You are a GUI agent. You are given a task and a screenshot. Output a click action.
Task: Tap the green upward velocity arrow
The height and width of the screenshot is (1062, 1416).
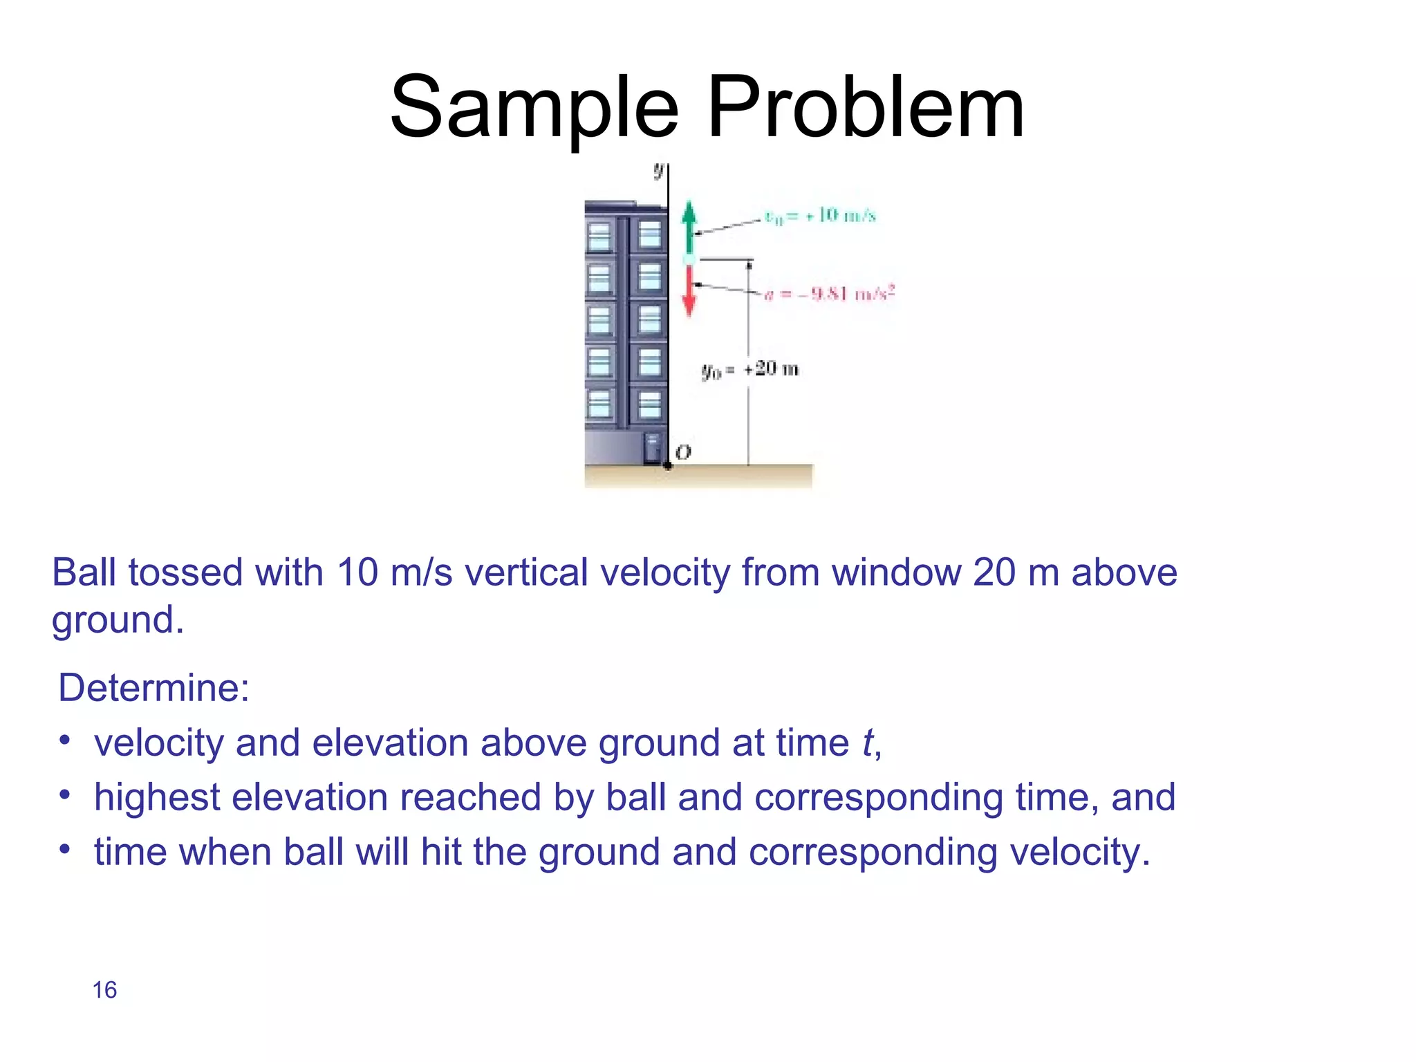[689, 226]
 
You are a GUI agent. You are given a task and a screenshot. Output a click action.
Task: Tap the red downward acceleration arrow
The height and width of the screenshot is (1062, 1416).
[689, 291]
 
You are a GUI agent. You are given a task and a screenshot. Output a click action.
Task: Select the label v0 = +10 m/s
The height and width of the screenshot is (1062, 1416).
[820, 216]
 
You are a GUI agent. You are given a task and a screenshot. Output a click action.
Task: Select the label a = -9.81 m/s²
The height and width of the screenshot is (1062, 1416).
[830, 294]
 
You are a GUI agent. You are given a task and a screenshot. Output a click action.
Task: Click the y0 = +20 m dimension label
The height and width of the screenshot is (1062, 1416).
[750, 370]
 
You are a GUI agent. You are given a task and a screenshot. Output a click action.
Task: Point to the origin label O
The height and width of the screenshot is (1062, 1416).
[683, 452]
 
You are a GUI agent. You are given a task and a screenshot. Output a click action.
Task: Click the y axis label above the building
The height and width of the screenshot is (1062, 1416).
[659, 169]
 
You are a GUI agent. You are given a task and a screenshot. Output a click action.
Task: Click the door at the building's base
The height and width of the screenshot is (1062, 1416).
[652, 449]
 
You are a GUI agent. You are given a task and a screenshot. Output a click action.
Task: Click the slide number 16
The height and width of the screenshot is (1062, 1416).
[104, 990]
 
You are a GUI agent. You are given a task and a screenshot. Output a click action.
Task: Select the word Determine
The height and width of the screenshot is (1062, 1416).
[153, 688]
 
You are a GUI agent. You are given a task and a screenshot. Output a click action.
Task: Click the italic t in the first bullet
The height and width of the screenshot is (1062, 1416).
[867, 743]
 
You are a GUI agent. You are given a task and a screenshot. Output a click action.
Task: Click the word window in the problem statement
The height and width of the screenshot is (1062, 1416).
[896, 573]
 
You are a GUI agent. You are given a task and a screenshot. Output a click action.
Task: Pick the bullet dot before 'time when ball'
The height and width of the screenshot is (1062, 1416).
[64, 849]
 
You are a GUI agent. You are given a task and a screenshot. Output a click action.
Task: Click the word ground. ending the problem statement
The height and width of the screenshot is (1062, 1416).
[118, 620]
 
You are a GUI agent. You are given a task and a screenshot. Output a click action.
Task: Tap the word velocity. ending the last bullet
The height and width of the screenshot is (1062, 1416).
[1079, 852]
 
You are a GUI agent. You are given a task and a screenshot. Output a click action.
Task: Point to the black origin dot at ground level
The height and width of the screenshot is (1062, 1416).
[668, 465]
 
